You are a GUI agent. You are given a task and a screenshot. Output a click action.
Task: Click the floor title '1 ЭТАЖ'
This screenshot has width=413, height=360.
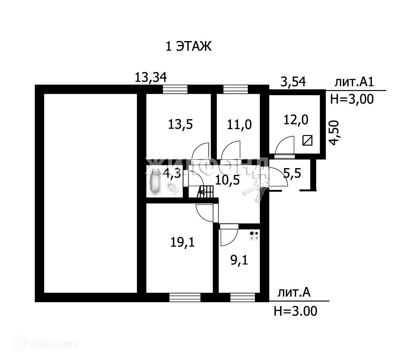tap(188, 47)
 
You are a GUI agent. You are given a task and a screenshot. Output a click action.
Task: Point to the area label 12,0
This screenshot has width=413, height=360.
tap(296, 120)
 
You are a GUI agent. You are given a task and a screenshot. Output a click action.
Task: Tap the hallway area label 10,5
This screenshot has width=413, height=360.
tap(228, 180)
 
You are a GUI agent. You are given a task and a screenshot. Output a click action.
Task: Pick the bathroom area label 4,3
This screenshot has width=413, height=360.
tap(171, 174)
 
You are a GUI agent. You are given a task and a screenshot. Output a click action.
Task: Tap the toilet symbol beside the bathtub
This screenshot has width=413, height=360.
tap(172, 187)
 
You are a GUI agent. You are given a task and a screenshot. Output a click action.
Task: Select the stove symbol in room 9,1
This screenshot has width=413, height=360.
tap(254, 235)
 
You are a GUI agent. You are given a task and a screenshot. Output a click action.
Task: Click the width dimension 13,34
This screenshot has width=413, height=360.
tap(151, 78)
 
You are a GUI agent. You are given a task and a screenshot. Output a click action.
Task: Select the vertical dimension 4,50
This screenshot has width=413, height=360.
tap(334, 133)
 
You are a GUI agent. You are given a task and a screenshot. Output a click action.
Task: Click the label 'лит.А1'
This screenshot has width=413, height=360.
tap(354, 82)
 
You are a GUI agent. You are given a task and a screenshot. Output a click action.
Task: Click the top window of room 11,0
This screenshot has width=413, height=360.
tap(236, 89)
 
